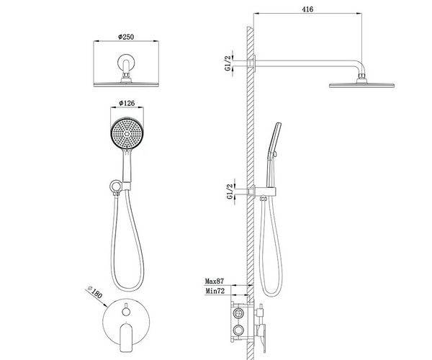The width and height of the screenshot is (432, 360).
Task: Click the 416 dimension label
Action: [x=307, y=9]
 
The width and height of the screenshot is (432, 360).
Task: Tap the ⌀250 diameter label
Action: [x=126, y=37]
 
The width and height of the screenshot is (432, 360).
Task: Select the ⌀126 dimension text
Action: [x=127, y=103]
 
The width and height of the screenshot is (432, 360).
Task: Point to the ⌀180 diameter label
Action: [x=94, y=292]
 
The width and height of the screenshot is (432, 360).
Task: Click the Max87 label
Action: [x=215, y=282]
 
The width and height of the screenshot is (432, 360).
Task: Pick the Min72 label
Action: [x=215, y=291]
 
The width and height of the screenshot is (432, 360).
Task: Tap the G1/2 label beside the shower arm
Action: [x=228, y=63]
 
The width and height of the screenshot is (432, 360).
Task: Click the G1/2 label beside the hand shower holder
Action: [x=230, y=192]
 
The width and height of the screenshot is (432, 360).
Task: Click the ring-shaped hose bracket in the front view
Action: [x=115, y=186]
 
